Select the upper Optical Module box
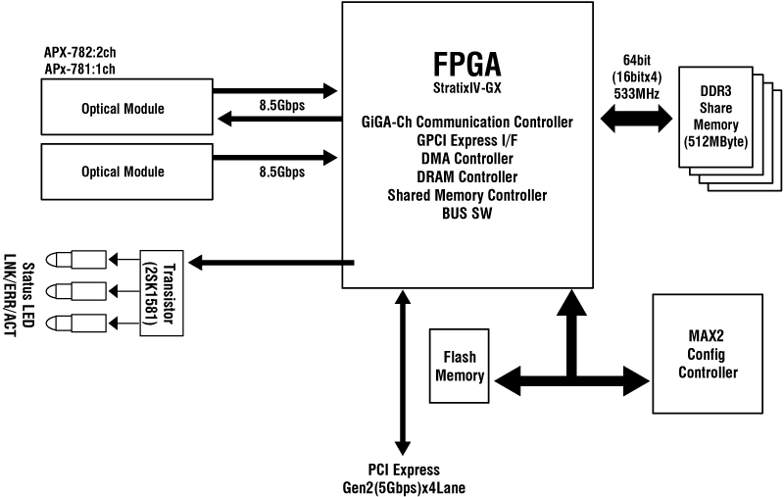122,108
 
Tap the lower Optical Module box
122,172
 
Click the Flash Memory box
460,366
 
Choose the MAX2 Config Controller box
713,354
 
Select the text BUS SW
466,212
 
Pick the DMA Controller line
466,159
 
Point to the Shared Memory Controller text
466,195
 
